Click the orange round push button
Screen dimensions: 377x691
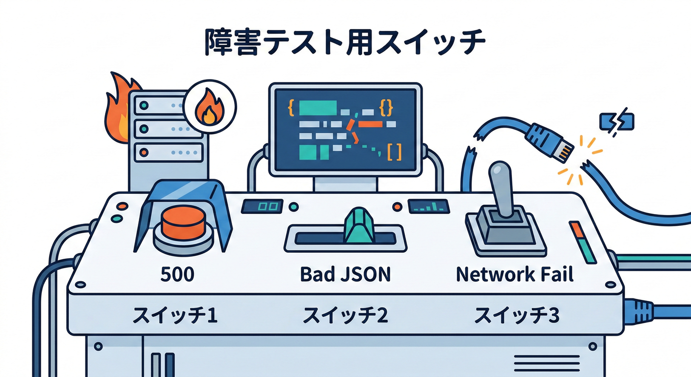click(x=182, y=221)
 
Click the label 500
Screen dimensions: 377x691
click(x=177, y=274)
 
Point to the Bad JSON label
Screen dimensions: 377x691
click(x=345, y=274)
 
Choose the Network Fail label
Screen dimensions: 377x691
click(x=514, y=274)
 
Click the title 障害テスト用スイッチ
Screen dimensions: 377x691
click(x=345, y=44)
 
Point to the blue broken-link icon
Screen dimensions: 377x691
click(x=617, y=120)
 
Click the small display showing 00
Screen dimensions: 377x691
click(x=262, y=206)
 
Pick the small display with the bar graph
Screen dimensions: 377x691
click(x=428, y=206)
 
